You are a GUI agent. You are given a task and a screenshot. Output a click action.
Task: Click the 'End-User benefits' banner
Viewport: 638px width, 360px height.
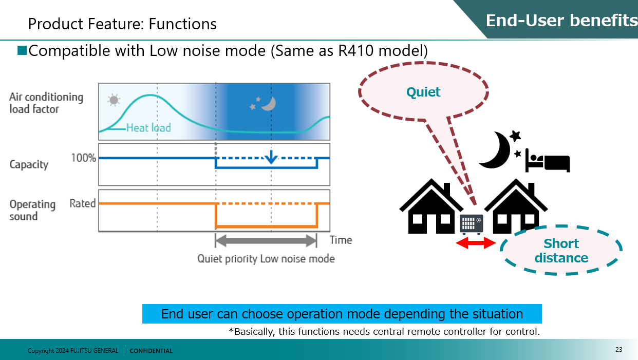click(x=561, y=21)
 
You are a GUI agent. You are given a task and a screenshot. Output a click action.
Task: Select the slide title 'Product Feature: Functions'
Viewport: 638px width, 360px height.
click(x=122, y=24)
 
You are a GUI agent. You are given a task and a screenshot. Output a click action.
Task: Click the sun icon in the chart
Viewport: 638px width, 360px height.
click(x=113, y=100)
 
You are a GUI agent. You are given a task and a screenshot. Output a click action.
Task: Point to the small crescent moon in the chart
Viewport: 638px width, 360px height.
click(x=268, y=104)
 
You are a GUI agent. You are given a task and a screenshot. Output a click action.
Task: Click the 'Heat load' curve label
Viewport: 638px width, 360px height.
click(x=148, y=127)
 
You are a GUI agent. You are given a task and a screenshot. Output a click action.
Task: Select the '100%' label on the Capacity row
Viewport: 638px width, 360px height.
click(x=83, y=158)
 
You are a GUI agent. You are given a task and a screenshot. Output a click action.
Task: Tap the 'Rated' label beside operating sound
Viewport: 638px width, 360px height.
click(x=83, y=203)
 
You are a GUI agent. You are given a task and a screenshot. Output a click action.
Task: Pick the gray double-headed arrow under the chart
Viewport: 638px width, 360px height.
click(x=266, y=240)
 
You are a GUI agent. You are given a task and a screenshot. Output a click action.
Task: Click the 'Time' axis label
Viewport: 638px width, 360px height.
click(x=341, y=240)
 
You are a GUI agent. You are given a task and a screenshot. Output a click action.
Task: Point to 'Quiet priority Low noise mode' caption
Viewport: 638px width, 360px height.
click(x=266, y=259)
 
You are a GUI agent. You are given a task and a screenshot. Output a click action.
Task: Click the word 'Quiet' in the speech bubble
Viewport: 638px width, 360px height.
click(x=423, y=92)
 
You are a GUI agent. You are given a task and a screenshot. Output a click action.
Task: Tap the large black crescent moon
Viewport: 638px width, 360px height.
click(x=495, y=149)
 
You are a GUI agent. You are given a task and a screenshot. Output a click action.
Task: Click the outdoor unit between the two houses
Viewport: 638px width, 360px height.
click(x=472, y=224)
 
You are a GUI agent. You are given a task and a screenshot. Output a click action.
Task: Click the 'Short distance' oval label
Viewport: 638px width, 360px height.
click(x=561, y=251)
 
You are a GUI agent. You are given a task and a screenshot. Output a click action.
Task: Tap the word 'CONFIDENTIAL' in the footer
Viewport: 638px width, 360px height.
click(x=151, y=351)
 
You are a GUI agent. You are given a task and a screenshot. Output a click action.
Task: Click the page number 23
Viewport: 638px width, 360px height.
click(x=618, y=350)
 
